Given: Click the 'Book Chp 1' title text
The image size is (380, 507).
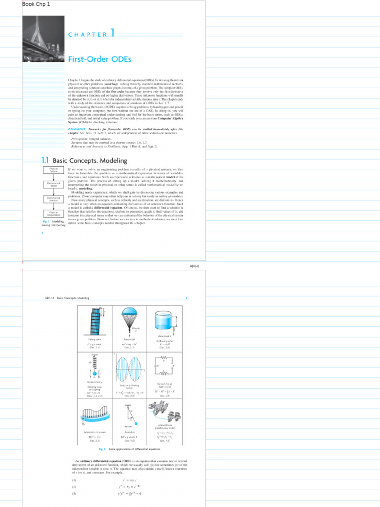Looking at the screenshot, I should tap(36, 4).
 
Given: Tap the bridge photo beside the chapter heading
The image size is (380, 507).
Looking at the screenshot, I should tap(44, 39).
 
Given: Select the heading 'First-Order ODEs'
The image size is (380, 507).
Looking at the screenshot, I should tap(99, 59).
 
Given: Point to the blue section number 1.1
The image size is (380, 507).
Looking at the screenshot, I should tap(46, 160).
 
